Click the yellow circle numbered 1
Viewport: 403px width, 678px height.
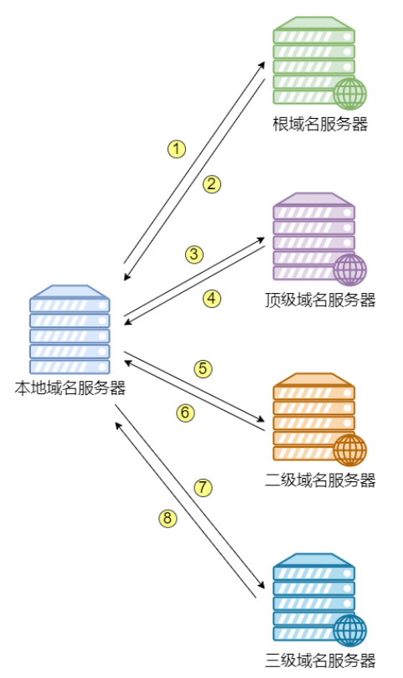[x=176, y=149]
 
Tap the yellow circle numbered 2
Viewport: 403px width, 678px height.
[x=212, y=184]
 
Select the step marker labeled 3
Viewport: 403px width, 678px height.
[x=194, y=254]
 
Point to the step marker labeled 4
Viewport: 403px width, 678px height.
[x=212, y=297]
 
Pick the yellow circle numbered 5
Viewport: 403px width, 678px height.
[x=203, y=368]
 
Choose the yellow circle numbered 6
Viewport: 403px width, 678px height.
[x=185, y=412]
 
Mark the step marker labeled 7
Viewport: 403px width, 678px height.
[x=203, y=486]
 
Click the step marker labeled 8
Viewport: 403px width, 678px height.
[x=168, y=519]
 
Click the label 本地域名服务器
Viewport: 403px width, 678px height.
[x=70, y=388]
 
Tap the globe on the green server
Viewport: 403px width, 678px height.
[x=349, y=94]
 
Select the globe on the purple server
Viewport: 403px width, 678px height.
[x=349, y=270]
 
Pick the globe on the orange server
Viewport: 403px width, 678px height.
[x=349, y=449]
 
